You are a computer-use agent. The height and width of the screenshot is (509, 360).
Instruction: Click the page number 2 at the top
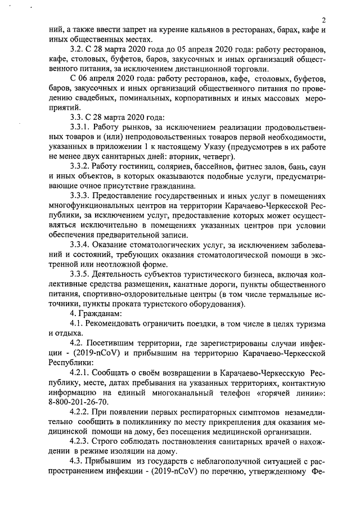click(x=324, y=21)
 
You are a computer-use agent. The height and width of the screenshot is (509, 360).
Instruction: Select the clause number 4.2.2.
click(x=80, y=412)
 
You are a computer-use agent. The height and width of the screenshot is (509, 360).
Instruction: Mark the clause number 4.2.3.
click(x=80, y=442)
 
